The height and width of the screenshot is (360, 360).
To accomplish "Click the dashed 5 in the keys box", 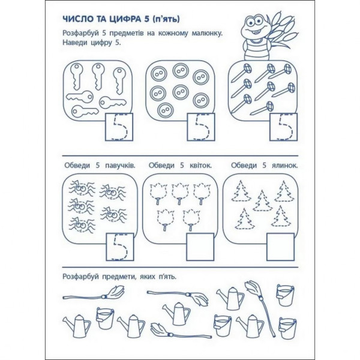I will click(119, 127).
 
